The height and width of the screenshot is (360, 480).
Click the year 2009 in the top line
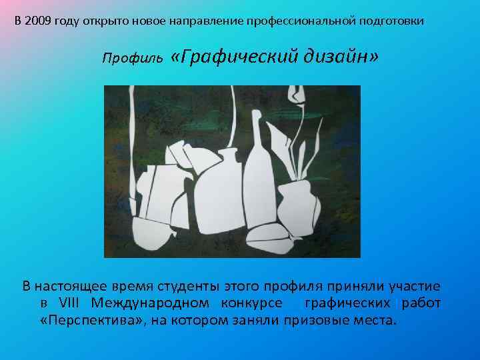click(37, 21)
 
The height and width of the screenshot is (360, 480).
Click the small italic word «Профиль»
click(127, 59)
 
